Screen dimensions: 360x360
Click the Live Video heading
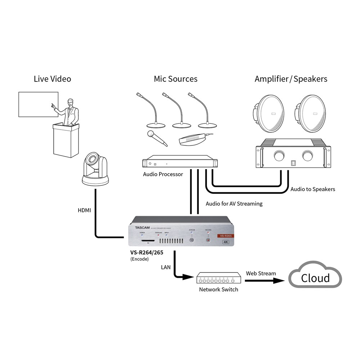pos(52,79)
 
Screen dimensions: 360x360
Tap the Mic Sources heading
pos(176,79)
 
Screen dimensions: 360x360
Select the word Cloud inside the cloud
pos(315,278)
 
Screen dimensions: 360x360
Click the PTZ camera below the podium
pos(96,169)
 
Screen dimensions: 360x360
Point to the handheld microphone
pos(157,138)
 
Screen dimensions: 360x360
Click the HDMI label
pos(85,210)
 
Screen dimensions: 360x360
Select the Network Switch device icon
pos(219,278)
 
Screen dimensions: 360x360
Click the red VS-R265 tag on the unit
pos(225,236)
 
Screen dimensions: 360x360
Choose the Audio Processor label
pos(163,174)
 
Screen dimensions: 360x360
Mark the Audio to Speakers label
pos(312,189)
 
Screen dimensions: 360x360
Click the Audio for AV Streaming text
pos(234,204)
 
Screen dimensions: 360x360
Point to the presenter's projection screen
pos(38,104)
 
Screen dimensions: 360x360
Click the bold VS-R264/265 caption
pos(147,253)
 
